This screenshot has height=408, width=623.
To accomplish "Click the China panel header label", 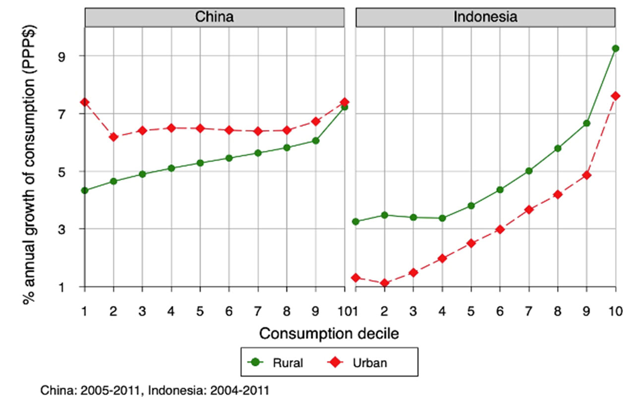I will point(215,17).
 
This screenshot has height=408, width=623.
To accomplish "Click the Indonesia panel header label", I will point(486,17).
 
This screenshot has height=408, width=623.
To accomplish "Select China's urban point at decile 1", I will point(85,102).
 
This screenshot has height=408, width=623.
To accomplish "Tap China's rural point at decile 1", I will point(85,190).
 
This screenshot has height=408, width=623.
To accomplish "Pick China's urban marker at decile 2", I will point(113,137).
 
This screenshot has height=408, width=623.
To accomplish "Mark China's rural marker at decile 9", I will point(316,141).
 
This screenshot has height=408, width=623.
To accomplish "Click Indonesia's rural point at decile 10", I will point(616,49).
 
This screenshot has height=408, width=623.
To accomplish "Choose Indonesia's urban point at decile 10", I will point(616,96).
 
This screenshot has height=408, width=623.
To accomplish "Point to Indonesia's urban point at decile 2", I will point(385,283).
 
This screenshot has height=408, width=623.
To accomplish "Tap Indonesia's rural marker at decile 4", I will point(442,218).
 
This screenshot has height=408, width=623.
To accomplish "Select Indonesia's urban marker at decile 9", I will point(587,175).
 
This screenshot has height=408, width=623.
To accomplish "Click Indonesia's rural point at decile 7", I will point(529,171).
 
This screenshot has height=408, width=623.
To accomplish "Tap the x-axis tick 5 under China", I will point(200,311).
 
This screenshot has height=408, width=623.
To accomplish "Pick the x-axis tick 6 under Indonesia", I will point(500,311).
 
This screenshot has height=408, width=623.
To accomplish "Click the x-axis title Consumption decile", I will point(329,334).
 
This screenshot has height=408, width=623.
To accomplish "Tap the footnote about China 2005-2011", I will point(155,391).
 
